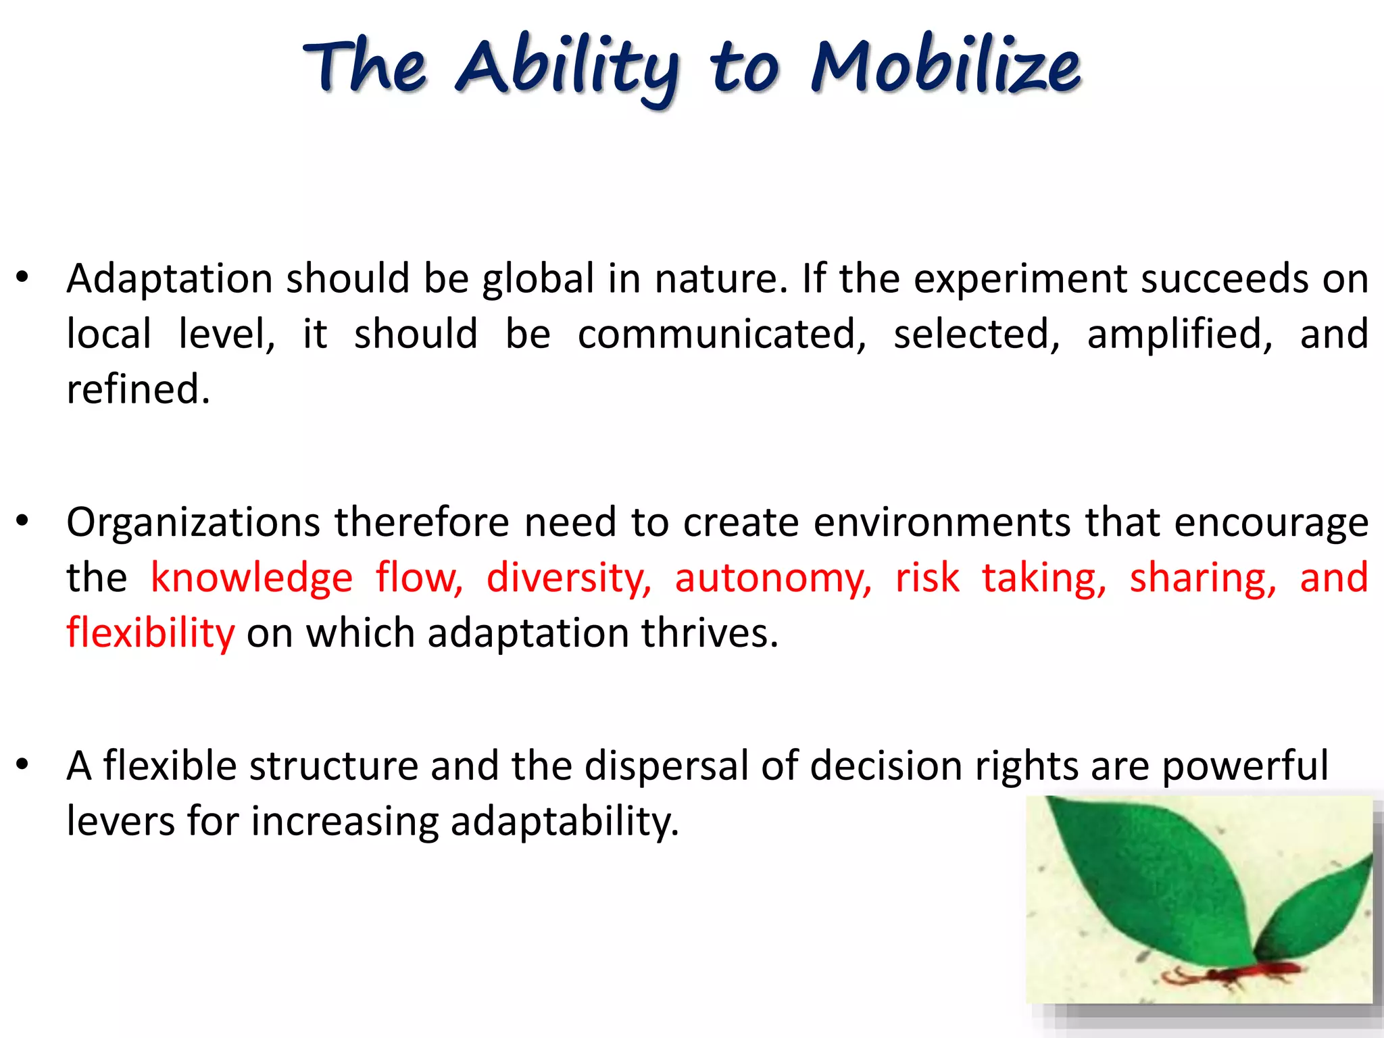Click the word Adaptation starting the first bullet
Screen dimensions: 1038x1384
170,278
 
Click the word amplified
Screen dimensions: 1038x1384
1179,334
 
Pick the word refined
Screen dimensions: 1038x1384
139,389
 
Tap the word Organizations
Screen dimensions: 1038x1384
193,523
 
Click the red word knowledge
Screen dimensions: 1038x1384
251,578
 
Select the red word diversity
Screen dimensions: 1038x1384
568,578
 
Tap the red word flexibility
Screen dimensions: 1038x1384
150,633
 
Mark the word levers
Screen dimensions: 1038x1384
121,822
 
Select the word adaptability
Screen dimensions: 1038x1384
564,822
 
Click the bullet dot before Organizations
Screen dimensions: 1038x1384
23,521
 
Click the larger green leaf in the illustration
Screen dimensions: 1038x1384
1149,872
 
